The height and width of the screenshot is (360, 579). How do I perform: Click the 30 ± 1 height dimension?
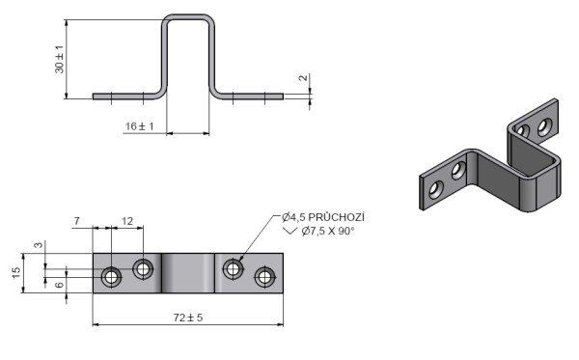click(60, 59)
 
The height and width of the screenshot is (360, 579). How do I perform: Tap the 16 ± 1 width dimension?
click(140, 126)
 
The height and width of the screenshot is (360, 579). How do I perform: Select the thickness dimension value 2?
click(303, 77)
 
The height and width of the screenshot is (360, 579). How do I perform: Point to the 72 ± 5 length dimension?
click(188, 318)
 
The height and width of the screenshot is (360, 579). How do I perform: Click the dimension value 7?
click(76, 221)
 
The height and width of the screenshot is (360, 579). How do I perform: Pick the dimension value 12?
click(127, 221)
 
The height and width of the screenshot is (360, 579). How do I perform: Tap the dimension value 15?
click(16, 272)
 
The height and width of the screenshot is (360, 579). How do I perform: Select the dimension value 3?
click(39, 245)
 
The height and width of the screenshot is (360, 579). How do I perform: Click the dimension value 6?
click(59, 285)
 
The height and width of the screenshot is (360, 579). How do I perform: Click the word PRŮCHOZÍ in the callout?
click(336, 217)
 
